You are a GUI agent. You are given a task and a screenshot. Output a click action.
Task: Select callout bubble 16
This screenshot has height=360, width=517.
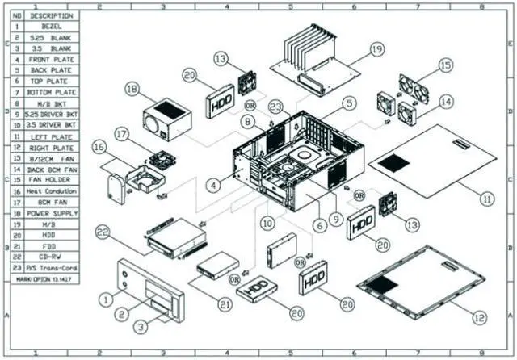(99, 149)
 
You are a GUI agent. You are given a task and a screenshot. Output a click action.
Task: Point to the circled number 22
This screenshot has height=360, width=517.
(102, 232)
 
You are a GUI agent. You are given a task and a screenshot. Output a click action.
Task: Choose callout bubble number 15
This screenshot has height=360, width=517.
(445, 65)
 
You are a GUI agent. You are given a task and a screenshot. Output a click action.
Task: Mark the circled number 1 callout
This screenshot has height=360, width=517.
(104, 299)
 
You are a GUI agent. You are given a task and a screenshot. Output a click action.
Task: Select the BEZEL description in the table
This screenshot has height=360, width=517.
(50, 27)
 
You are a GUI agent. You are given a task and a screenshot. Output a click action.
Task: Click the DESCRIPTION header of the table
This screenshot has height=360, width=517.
(50, 15)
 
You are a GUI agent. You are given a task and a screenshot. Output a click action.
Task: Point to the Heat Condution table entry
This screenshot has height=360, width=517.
(50, 192)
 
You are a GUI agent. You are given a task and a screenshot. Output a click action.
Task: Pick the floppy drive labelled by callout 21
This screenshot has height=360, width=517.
(219, 270)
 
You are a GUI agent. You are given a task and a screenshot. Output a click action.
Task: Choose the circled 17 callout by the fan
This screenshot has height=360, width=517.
(122, 133)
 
